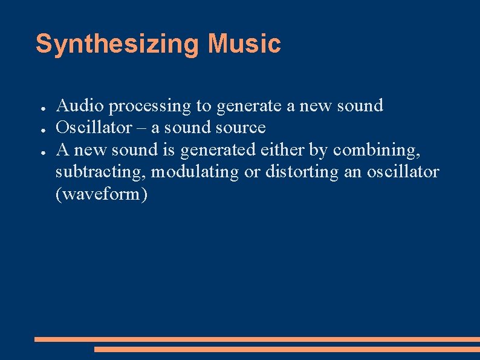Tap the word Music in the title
click(244, 44)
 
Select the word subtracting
click(100, 172)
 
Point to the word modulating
click(195, 172)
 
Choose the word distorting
click(301, 172)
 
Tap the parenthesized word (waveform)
click(102, 195)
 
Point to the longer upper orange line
click(257, 339)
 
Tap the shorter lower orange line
click(287, 349)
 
